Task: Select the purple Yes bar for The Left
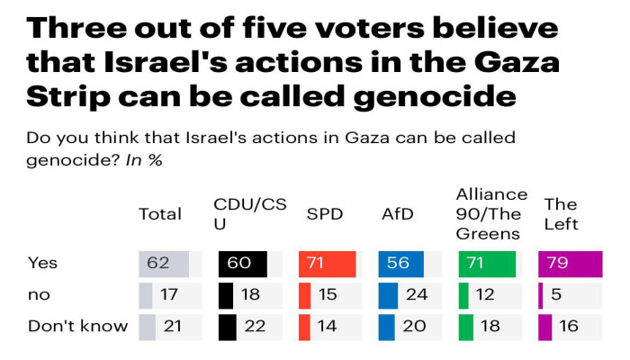pos(570,264)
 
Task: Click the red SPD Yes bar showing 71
pos(327,264)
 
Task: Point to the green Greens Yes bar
pos(487,264)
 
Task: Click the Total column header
pos(159,214)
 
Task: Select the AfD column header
pos(397,214)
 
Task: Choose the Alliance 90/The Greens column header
pos(491,213)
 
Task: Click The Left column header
pos(561,214)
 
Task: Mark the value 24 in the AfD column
pos(415,295)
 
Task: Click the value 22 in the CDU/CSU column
pos(254,326)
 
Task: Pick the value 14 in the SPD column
pos(327,326)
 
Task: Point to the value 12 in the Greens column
pos(486,295)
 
